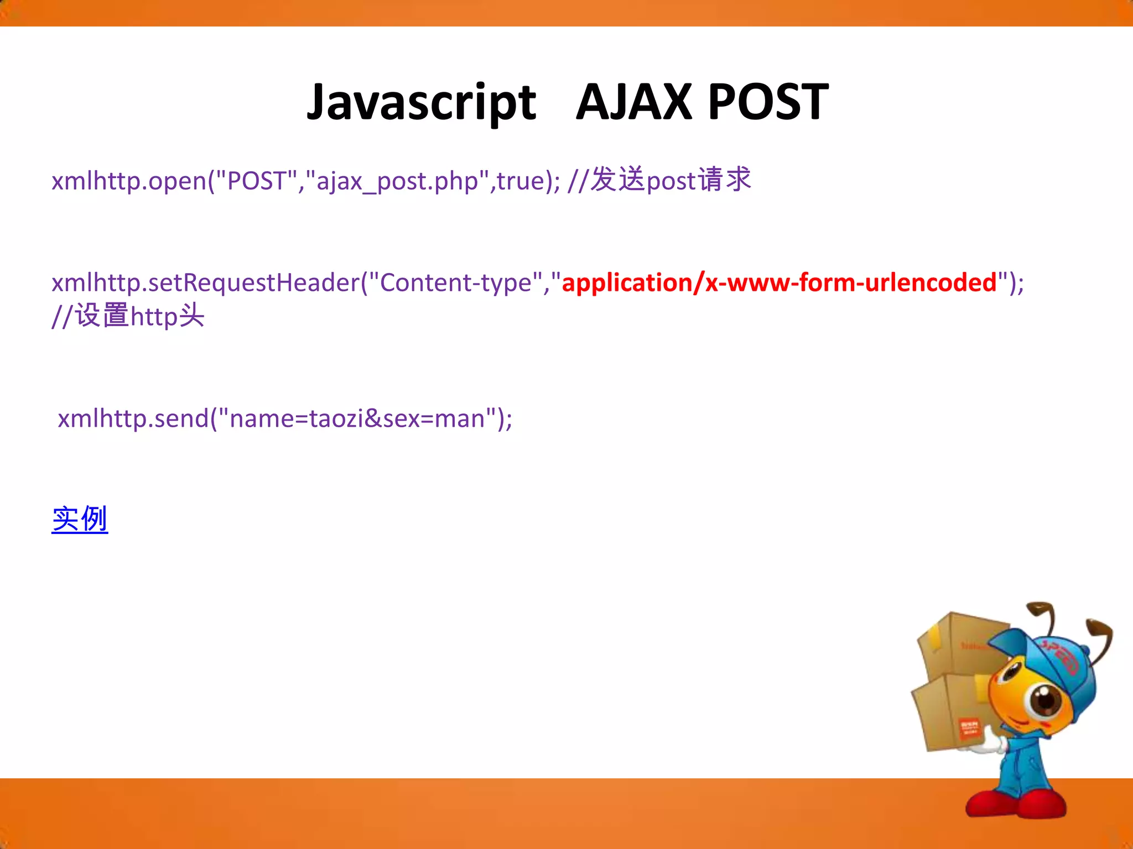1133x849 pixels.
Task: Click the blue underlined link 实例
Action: (80, 520)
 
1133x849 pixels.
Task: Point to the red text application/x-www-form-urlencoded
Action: (779, 282)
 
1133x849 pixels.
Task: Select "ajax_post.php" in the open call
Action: (397, 181)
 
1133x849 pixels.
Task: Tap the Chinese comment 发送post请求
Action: (671, 180)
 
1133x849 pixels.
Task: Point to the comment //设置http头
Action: (128, 316)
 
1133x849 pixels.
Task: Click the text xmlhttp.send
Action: (133, 418)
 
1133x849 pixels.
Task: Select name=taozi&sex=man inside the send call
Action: (357, 418)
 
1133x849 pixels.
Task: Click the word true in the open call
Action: (521, 181)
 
